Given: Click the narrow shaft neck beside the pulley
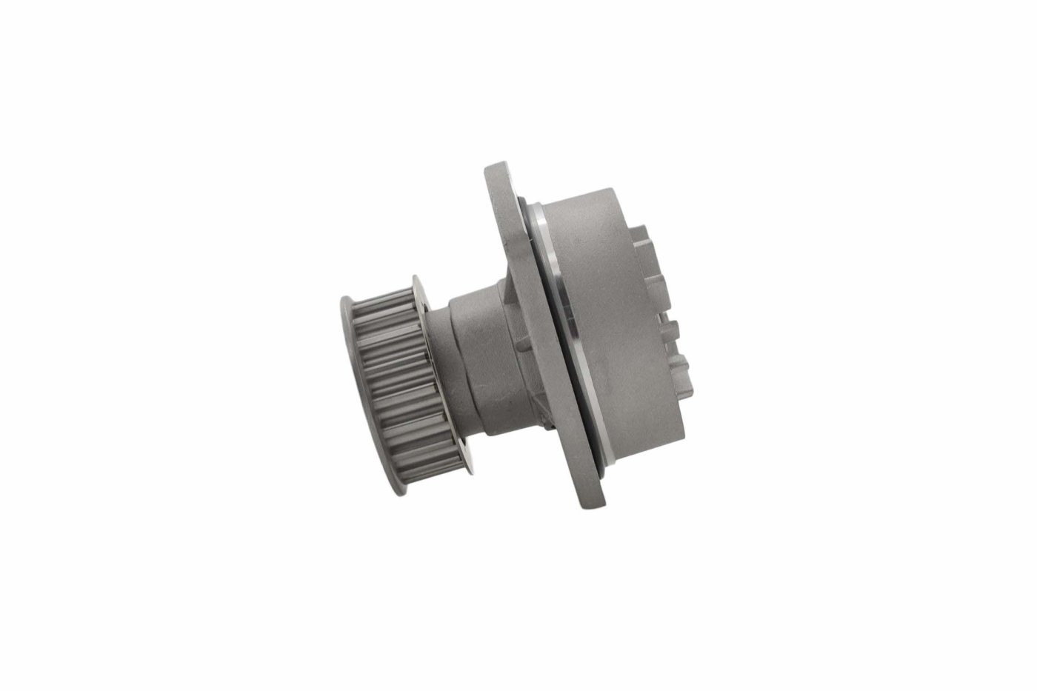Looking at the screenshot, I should pos(441,374).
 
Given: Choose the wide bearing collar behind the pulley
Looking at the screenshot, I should pos(478,363).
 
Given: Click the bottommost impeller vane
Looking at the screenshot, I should pos(685,370).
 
